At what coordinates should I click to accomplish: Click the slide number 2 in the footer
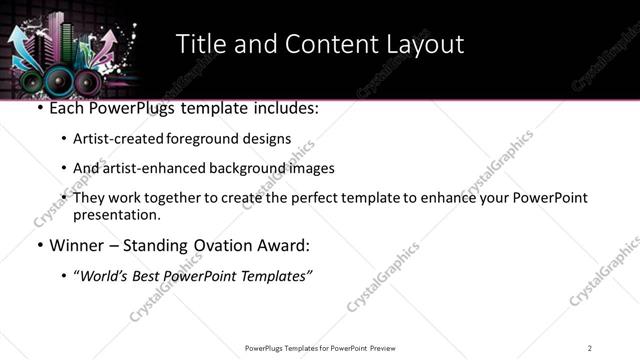(x=590, y=348)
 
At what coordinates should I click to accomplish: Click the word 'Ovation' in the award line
(x=223, y=245)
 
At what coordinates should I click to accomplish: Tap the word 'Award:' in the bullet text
(x=283, y=245)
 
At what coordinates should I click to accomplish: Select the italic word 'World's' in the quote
(x=107, y=276)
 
